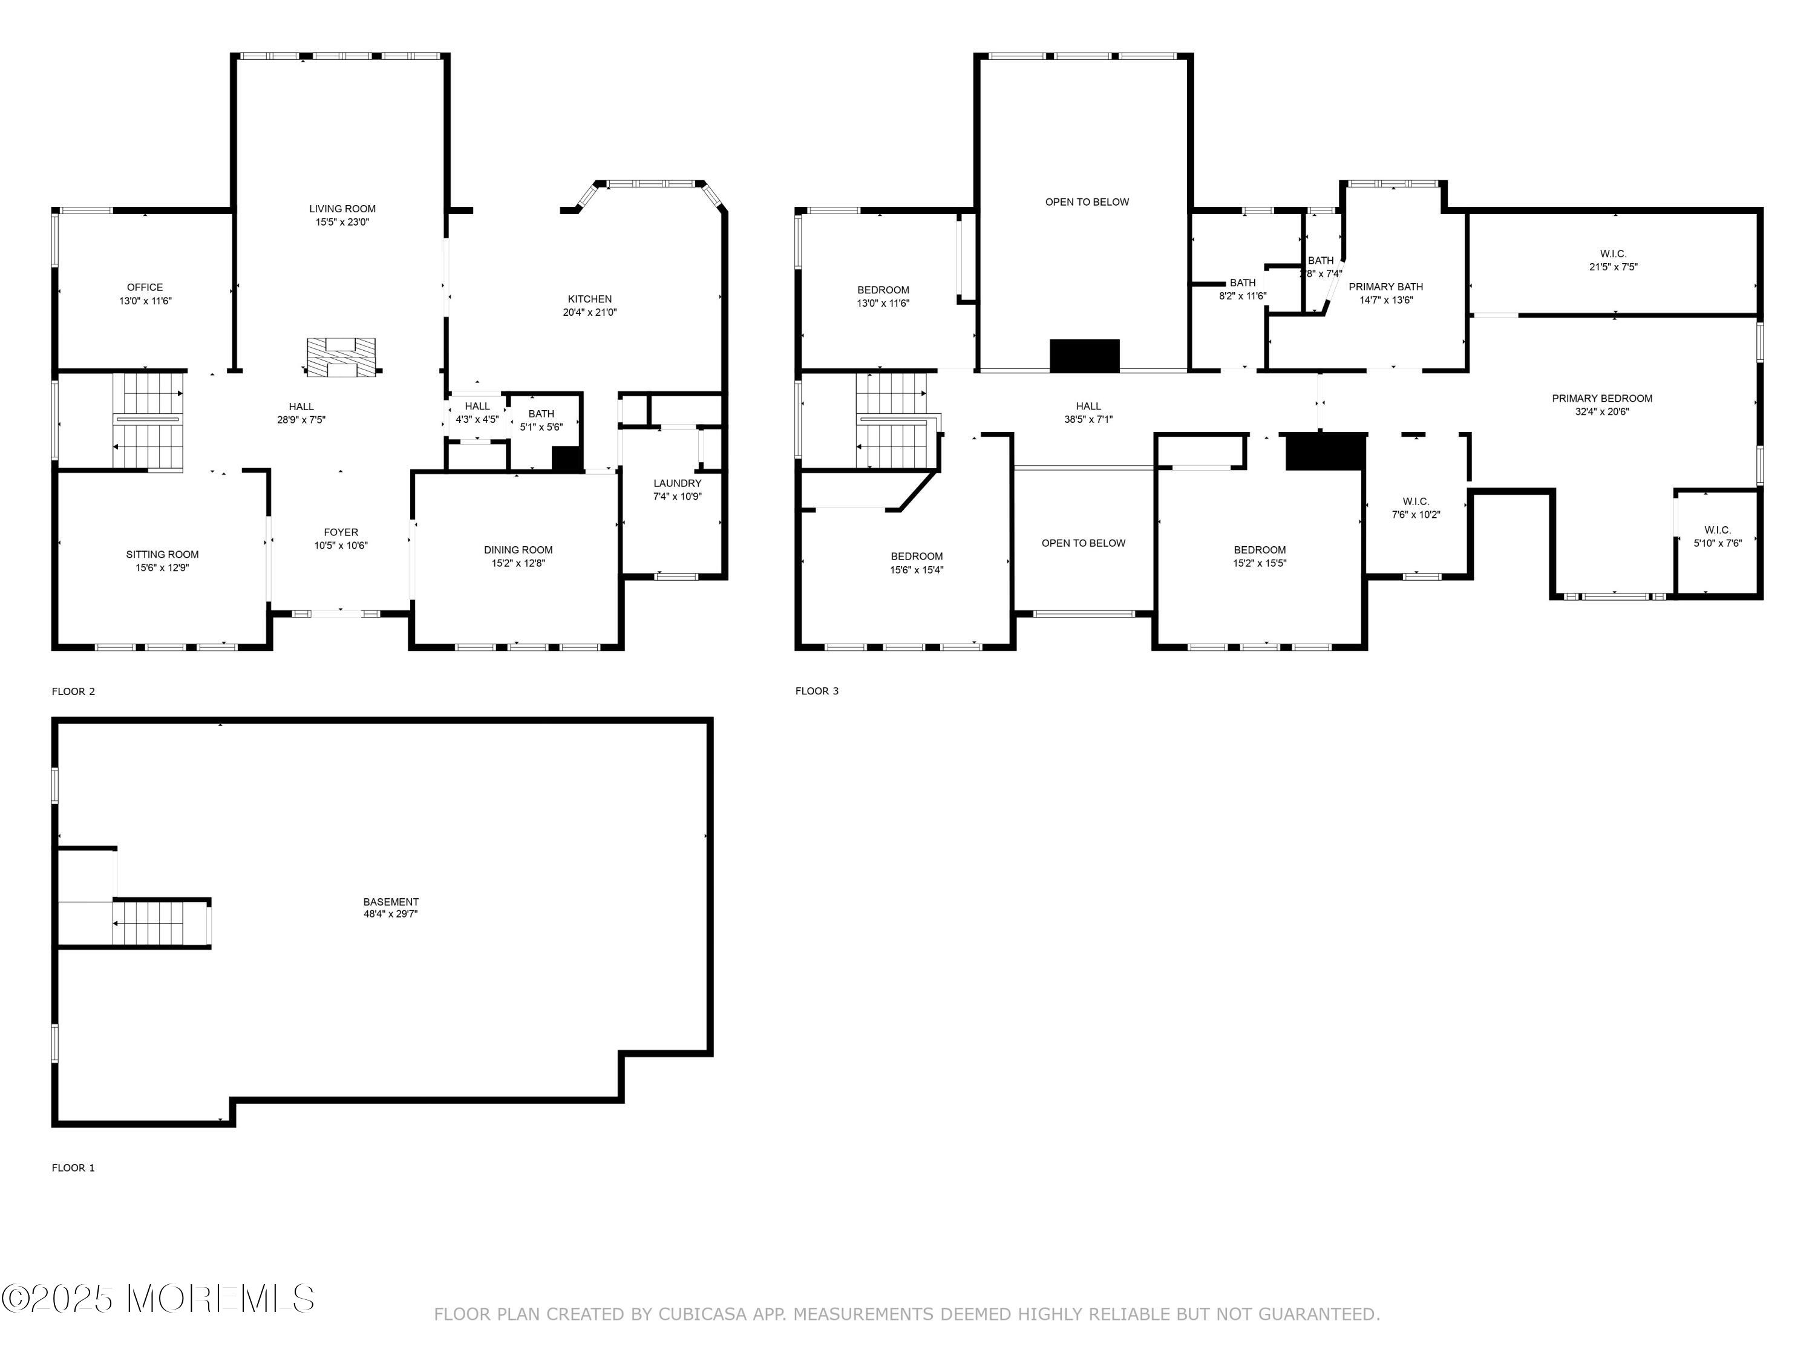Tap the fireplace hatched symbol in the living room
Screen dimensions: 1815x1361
341,357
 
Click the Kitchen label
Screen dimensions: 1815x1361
590,299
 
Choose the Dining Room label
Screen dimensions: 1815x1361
518,550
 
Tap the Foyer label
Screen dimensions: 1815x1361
341,532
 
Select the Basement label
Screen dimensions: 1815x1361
391,902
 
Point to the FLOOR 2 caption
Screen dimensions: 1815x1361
73,691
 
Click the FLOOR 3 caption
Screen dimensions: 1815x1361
817,691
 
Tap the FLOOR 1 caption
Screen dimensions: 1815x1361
73,1167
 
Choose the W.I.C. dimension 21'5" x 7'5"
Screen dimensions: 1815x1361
1613,267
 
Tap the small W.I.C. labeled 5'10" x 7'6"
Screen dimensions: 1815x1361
1718,530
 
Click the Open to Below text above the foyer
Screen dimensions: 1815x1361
1084,543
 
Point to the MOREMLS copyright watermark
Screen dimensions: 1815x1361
157,1299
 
